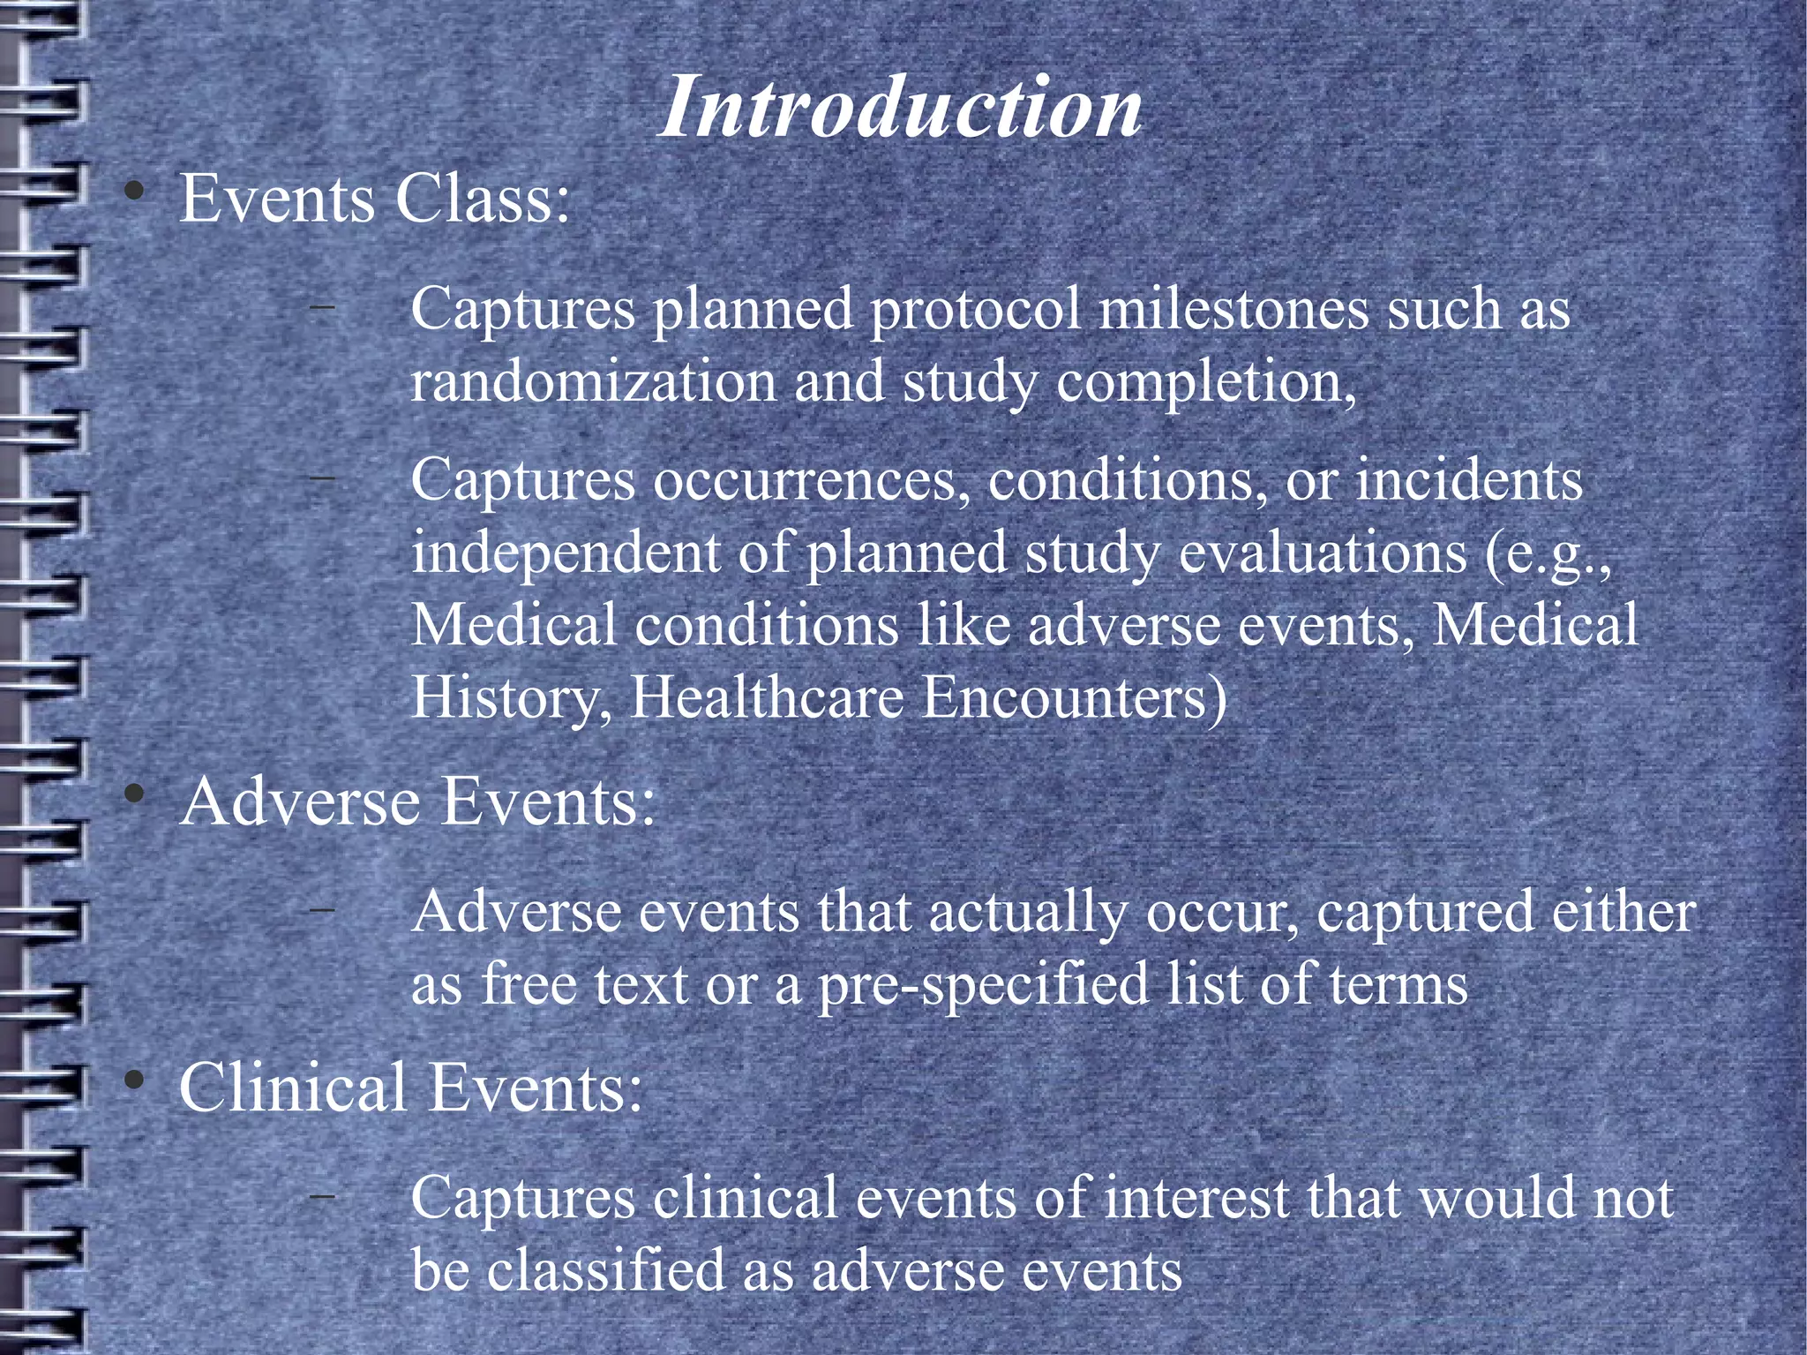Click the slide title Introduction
[901, 108]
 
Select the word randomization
[593, 382]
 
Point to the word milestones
[1233, 310]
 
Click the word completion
[1205, 382]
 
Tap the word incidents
[1469, 482]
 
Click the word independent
[566, 553]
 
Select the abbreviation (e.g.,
[1549, 553]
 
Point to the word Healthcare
[768, 697]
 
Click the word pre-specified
[984, 984]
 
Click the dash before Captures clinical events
[322, 1196]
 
